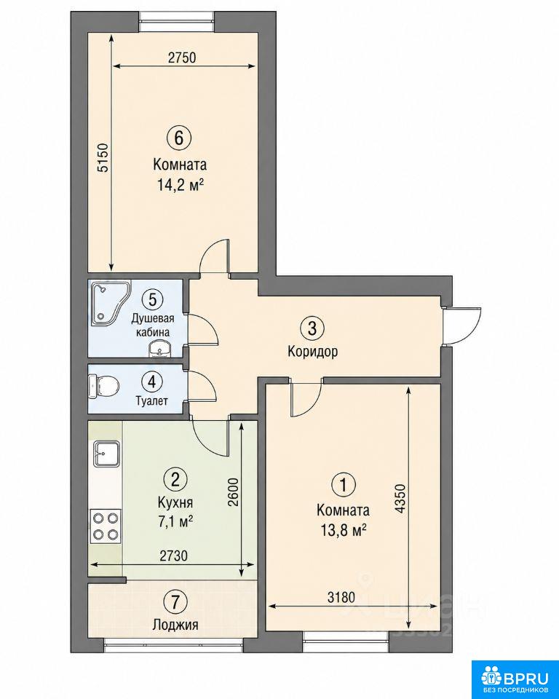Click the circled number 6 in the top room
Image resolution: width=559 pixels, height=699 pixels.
click(x=179, y=138)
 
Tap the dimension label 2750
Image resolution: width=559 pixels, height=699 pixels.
click(x=182, y=58)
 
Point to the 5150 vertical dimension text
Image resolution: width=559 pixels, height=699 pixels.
click(x=103, y=157)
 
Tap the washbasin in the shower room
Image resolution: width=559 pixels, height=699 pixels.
click(x=159, y=348)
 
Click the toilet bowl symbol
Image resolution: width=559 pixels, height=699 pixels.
click(x=103, y=386)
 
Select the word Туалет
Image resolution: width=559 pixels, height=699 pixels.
click(x=152, y=400)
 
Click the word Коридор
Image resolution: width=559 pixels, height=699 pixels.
click(x=312, y=351)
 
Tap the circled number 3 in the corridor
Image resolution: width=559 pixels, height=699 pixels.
click(x=312, y=328)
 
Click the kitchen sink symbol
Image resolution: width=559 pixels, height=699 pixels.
click(x=106, y=454)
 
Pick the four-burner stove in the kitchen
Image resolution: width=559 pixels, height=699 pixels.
click(x=106, y=526)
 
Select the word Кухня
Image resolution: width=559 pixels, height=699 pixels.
click(x=175, y=502)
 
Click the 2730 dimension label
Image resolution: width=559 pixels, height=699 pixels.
click(x=173, y=556)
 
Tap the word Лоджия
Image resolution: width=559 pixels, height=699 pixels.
click(x=175, y=625)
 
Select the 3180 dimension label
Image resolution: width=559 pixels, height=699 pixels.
click(x=341, y=597)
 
